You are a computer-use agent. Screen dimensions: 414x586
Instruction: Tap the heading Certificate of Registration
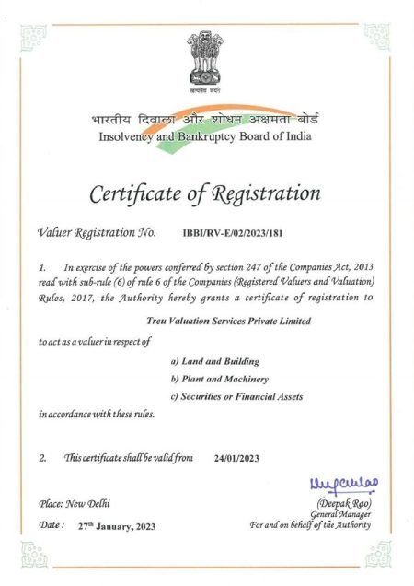[205, 194]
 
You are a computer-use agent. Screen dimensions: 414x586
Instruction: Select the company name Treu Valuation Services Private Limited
[228, 321]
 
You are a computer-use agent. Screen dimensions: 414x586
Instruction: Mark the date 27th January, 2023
[117, 525]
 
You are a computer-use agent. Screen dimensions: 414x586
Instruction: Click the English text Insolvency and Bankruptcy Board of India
[206, 138]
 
